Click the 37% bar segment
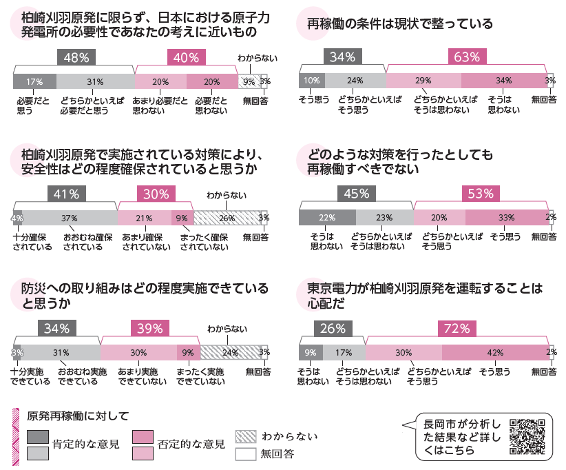[x=70, y=218]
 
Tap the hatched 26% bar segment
[x=227, y=218]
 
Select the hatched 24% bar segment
[x=230, y=352]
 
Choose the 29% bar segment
[x=423, y=81]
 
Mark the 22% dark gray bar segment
[x=326, y=218]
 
